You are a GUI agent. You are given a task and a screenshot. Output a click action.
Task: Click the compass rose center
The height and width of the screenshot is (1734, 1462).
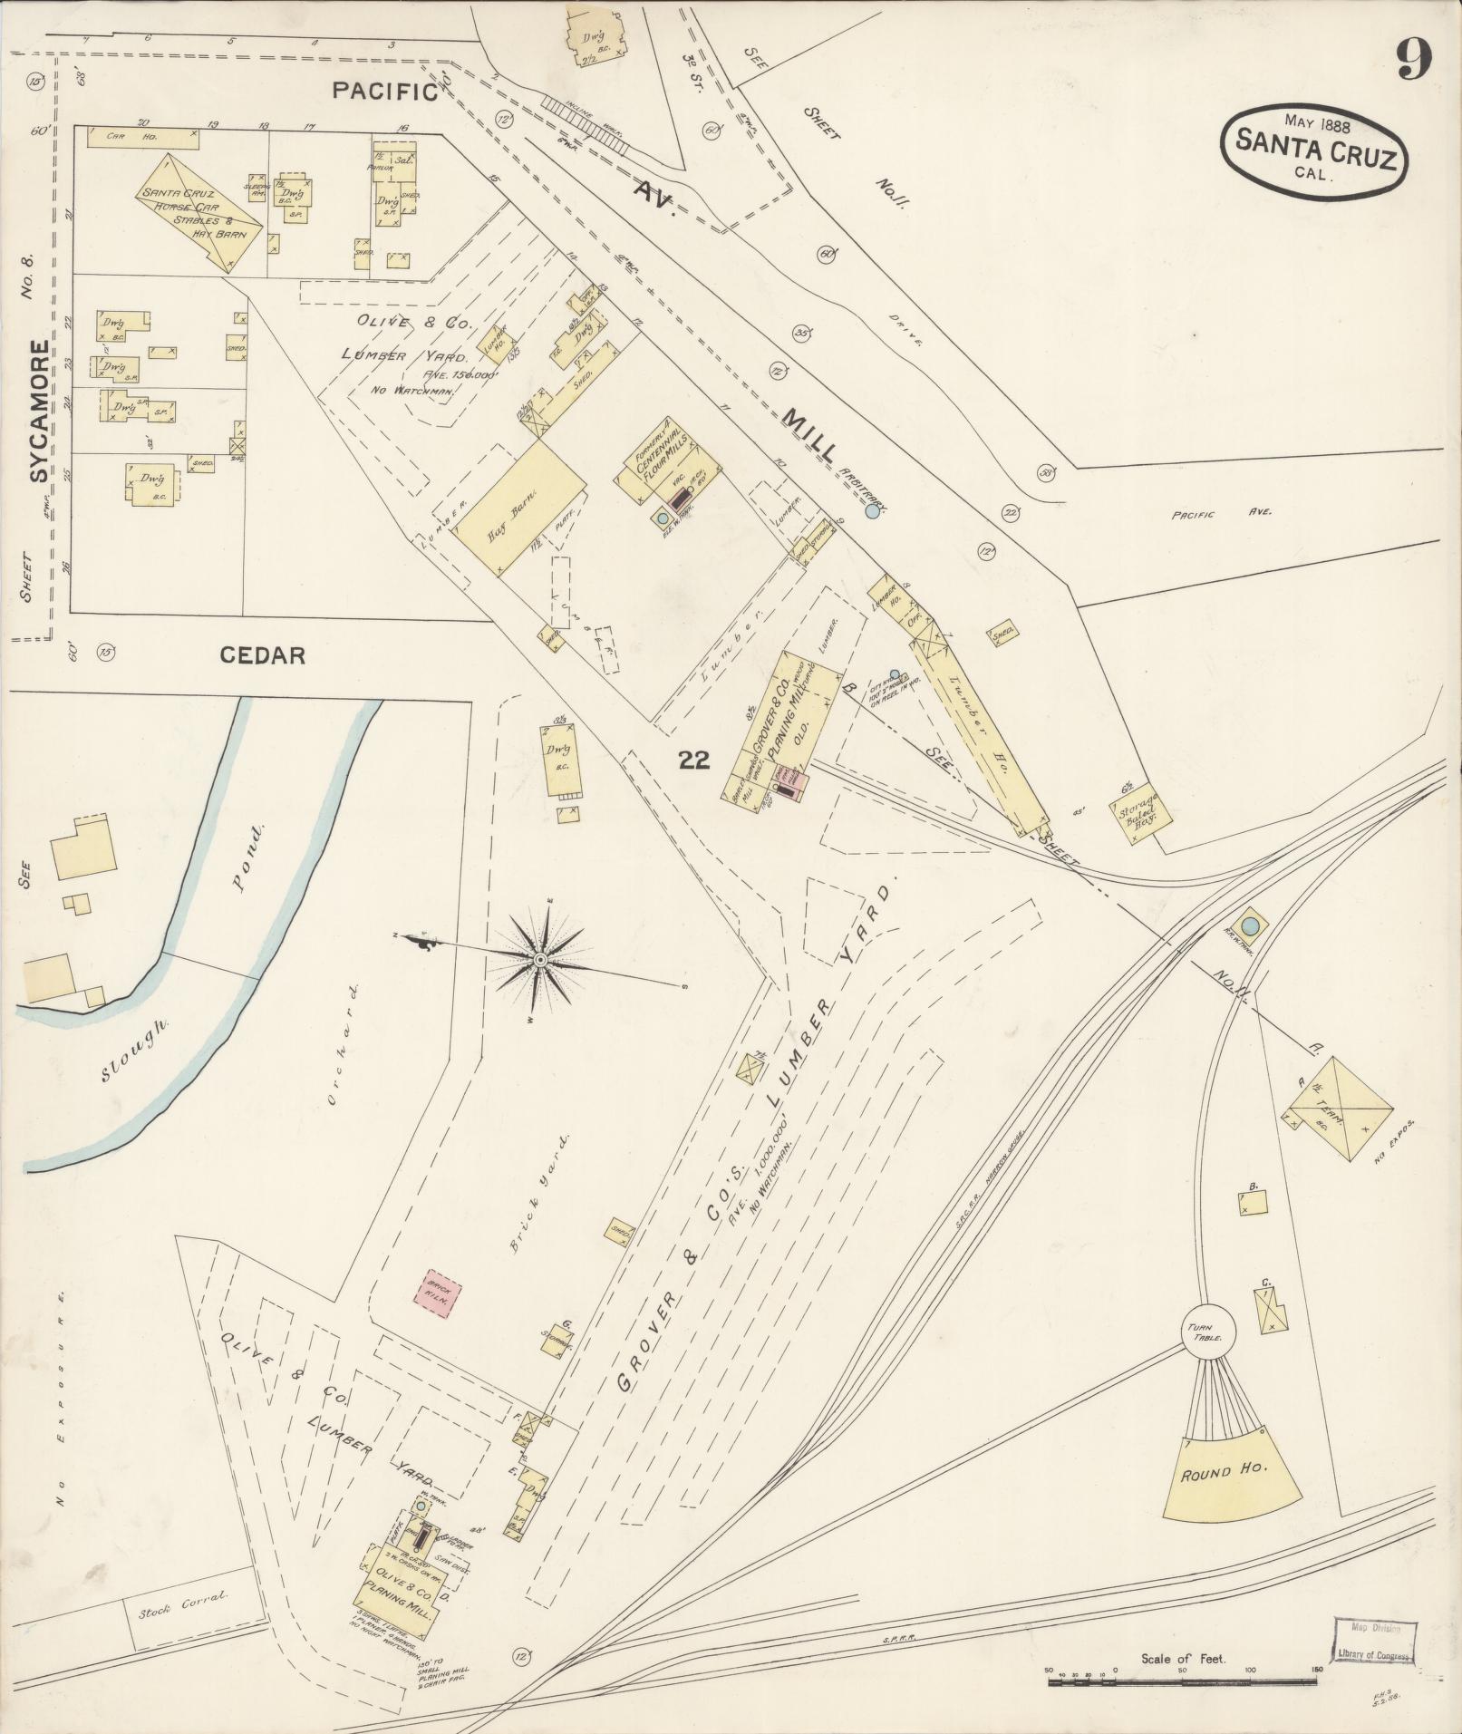(x=540, y=960)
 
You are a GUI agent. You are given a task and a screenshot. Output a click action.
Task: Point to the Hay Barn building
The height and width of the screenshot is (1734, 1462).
(x=518, y=496)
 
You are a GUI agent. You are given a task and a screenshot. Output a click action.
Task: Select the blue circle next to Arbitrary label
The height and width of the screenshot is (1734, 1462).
(x=872, y=511)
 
